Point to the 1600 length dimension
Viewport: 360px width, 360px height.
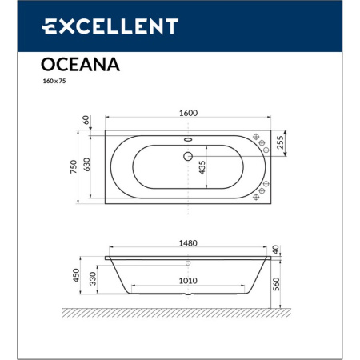click(189, 114)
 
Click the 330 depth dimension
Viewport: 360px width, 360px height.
click(93, 279)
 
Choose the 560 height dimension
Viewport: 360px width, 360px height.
click(277, 282)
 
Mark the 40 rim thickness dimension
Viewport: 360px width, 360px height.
click(277, 250)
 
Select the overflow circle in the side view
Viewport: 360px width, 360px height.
click(189, 262)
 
